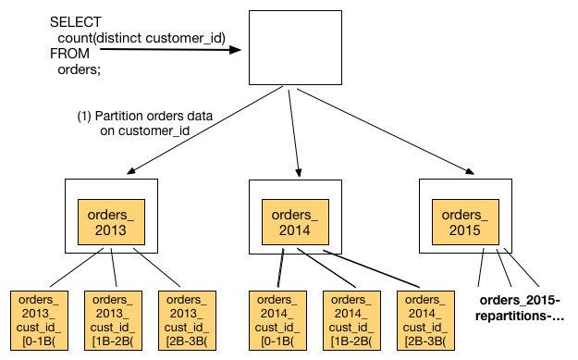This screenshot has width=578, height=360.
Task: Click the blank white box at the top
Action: (x=295, y=47)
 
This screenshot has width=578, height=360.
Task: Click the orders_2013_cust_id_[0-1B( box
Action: (x=39, y=320)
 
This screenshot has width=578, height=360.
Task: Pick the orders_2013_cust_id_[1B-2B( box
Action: (x=113, y=320)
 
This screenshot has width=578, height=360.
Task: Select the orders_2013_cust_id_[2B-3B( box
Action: (x=187, y=320)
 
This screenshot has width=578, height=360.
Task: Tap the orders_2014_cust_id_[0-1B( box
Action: (x=277, y=320)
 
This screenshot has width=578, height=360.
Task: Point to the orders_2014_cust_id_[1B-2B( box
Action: (x=351, y=320)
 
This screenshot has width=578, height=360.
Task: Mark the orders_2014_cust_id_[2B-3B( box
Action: (x=425, y=320)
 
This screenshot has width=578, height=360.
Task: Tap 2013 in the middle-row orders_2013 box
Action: (x=111, y=230)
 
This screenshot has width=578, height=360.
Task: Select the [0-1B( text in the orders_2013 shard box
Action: (x=39, y=341)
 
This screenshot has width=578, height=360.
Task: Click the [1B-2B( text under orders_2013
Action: (x=113, y=341)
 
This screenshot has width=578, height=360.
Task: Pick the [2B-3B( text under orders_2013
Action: (x=187, y=341)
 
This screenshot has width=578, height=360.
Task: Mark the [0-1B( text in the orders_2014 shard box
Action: (x=277, y=341)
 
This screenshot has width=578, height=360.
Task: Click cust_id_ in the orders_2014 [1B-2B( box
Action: (x=351, y=327)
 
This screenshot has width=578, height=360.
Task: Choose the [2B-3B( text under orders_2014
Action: (x=425, y=341)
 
